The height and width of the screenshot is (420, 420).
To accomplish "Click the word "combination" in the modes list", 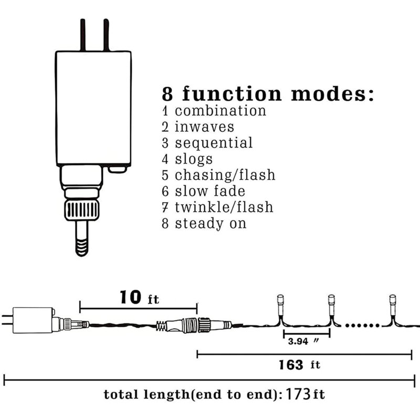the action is pyautogui.click(x=220, y=111).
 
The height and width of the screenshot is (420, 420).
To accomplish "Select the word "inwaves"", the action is pyautogui.click(x=204, y=127).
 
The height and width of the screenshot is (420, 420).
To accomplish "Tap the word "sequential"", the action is pyautogui.click(x=214, y=143).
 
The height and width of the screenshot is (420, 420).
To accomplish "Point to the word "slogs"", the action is pyautogui.click(x=194, y=160).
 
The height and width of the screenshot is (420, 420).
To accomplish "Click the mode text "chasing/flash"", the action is pyautogui.click(x=225, y=175).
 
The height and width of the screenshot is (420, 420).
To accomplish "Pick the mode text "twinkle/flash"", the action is pyautogui.click(x=224, y=207).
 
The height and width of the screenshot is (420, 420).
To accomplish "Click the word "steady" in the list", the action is pyautogui.click(x=199, y=224).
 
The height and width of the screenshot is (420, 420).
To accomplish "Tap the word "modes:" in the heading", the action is pyautogui.click(x=332, y=94).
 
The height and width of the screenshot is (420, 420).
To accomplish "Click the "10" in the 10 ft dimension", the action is pyautogui.click(x=130, y=297).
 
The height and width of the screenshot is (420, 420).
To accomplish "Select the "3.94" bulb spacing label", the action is pyautogui.click(x=298, y=341).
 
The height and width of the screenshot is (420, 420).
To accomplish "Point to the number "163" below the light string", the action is pyautogui.click(x=291, y=365).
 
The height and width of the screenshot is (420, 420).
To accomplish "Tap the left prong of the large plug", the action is pyautogui.click(x=83, y=35).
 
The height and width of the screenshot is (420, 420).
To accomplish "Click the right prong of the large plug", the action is pyautogui.click(x=107, y=35).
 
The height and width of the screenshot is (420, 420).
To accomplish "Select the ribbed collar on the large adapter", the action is pyautogui.click(x=82, y=211).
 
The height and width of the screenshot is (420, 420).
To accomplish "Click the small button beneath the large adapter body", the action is pyautogui.click(x=117, y=170).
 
